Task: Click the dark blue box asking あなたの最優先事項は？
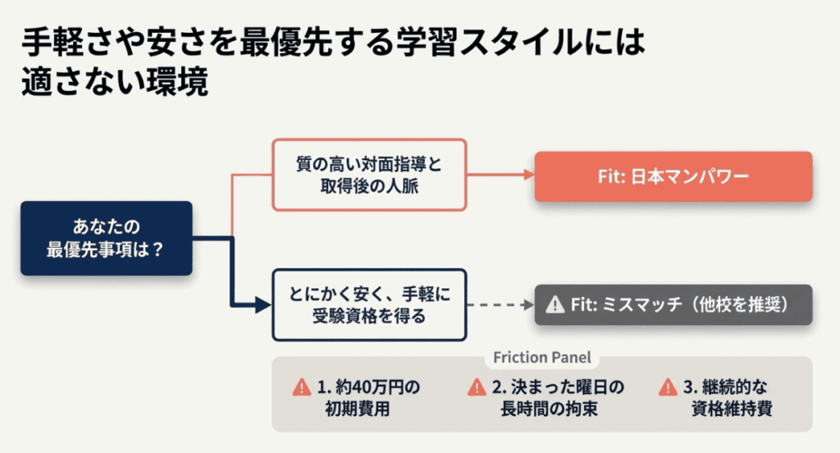tap(107, 238)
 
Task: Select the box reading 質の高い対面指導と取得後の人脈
tap(368, 173)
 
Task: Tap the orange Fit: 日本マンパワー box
tap(673, 176)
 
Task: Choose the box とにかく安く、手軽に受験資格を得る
tap(368, 304)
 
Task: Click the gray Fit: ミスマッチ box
tap(673, 304)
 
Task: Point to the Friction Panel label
tap(541, 359)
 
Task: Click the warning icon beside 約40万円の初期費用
tap(302, 387)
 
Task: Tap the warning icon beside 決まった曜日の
tap(477, 387)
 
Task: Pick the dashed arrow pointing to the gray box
tap(500, 304)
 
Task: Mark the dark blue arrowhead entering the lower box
tap(262, 305)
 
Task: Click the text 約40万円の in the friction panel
tap(368, 387)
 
